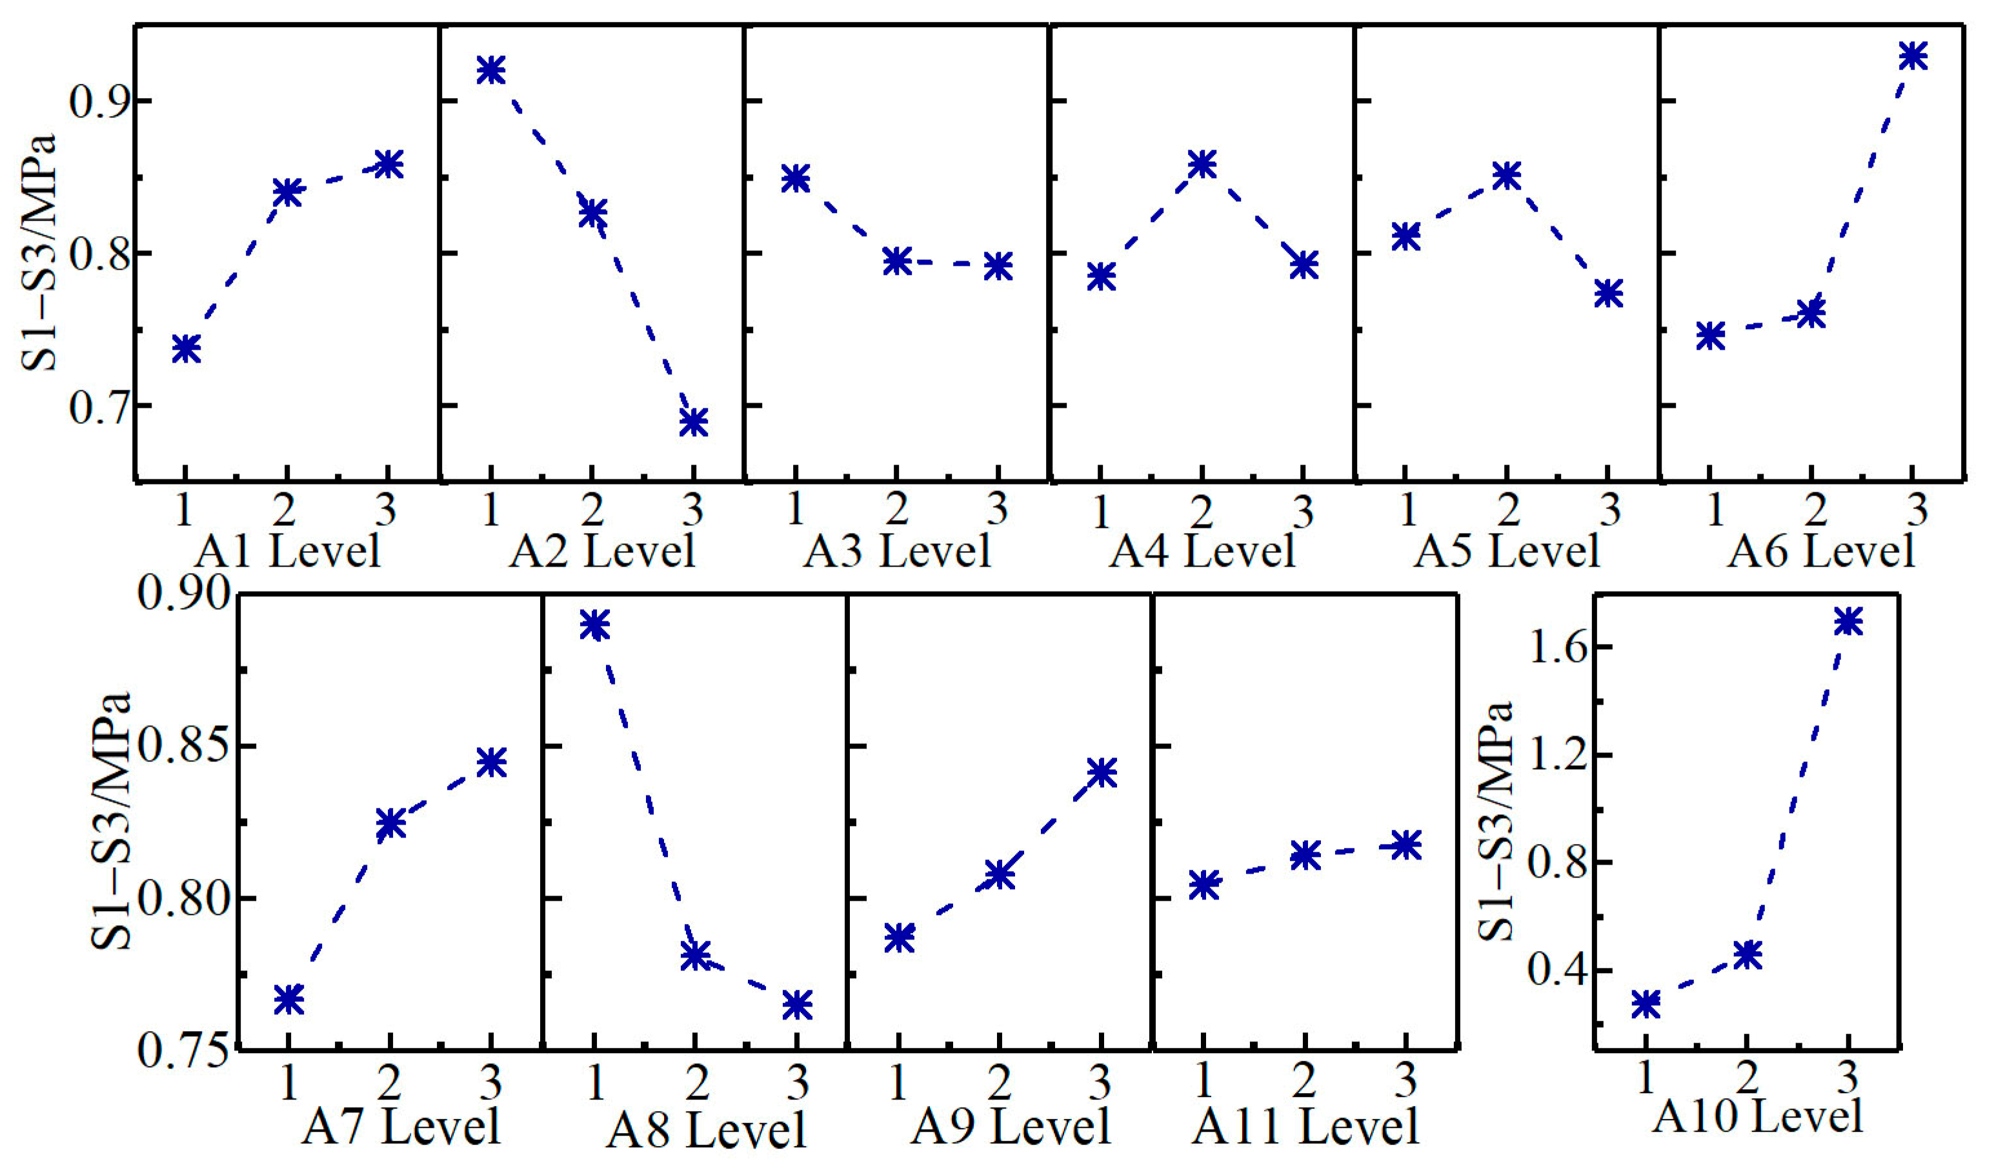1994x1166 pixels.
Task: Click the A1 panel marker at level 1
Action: tap(186, 348)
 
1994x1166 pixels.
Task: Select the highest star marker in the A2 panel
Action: tap(490, 70)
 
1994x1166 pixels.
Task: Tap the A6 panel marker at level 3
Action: tap(1913, 55)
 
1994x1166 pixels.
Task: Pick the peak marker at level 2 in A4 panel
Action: tap(1202, 164)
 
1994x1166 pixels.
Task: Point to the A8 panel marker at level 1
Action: tap(594, 625)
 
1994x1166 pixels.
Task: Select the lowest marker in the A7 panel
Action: tap(290, 999)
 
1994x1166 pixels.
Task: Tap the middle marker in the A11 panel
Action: tap(1305, 855)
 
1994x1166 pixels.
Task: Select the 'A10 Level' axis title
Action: tap(1757, 1117)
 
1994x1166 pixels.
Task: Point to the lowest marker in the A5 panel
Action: tap(1609, 293)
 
